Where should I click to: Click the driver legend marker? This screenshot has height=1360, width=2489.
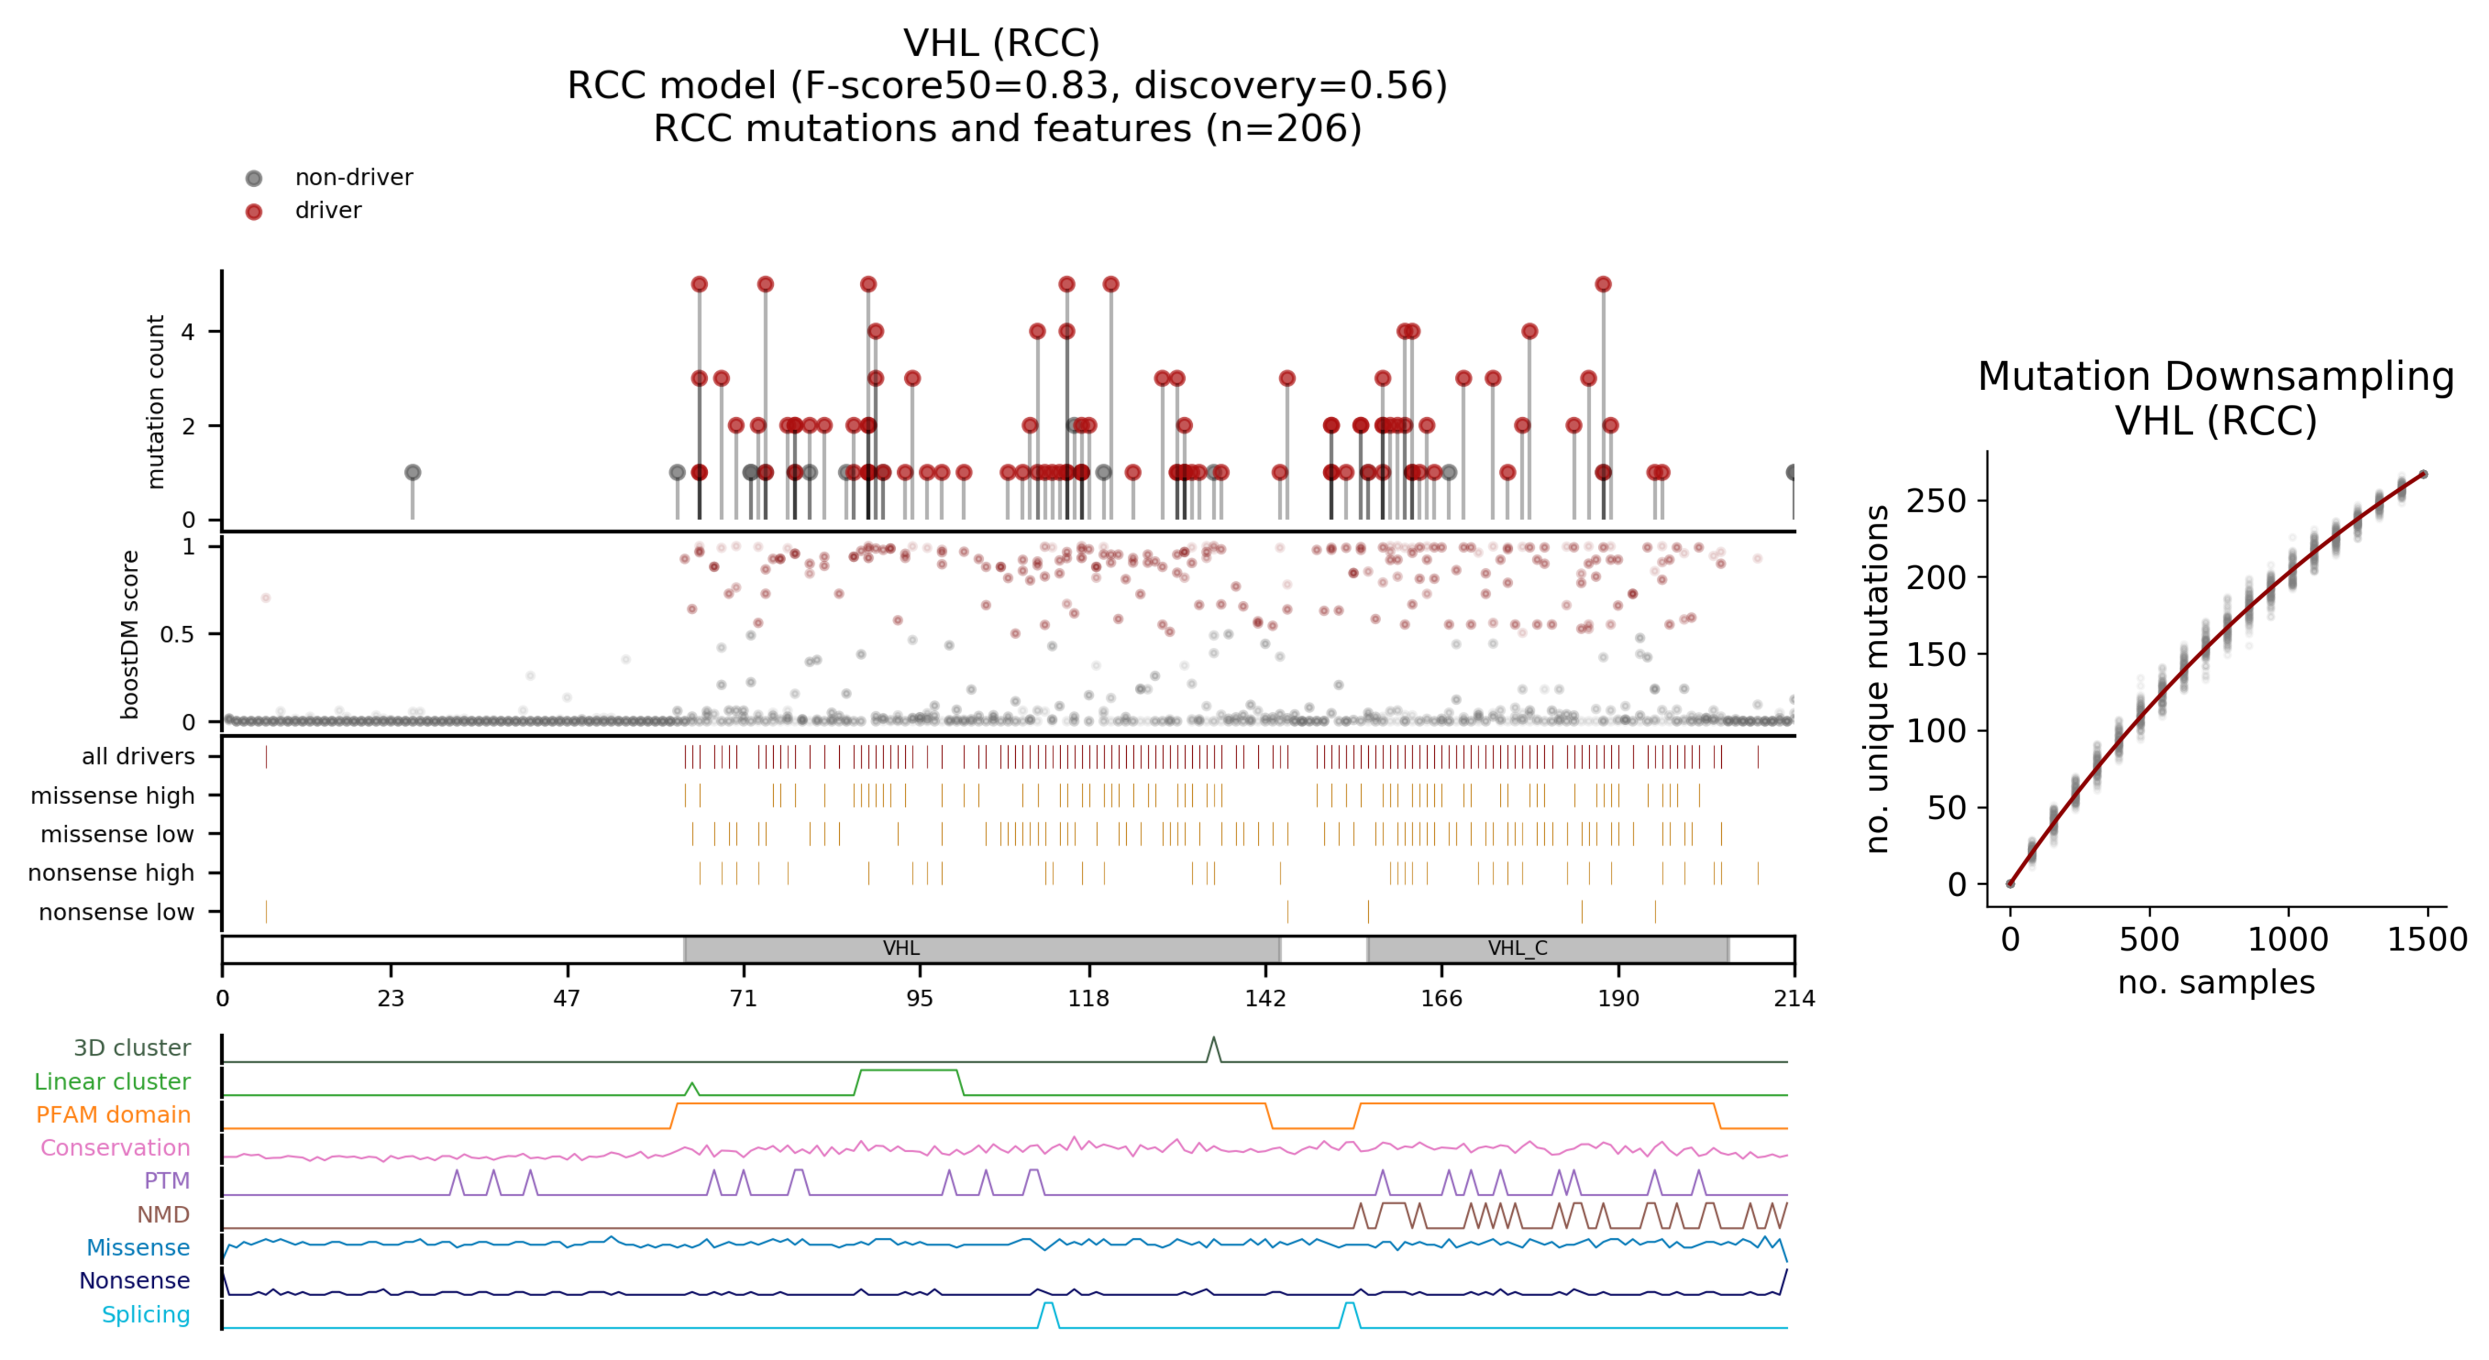point(254,212)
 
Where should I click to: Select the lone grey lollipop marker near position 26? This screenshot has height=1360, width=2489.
point(413,472)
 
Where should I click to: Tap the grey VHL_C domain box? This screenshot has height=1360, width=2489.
point(1547,949)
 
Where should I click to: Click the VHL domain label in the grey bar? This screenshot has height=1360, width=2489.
point(900,949)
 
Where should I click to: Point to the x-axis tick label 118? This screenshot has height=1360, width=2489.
point(1089,998)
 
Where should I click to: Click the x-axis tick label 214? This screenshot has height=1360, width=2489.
point(1794,998)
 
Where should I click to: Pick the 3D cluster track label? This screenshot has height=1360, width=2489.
point(132,1048)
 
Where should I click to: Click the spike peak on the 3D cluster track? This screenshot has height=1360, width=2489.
point(1213,1039)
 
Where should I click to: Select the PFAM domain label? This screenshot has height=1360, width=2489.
point(113,1115)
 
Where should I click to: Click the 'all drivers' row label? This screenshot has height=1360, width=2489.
point(138,756)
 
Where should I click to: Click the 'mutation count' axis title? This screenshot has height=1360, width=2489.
point(155,402)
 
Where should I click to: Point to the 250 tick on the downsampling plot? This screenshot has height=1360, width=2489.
point(1935,501)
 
